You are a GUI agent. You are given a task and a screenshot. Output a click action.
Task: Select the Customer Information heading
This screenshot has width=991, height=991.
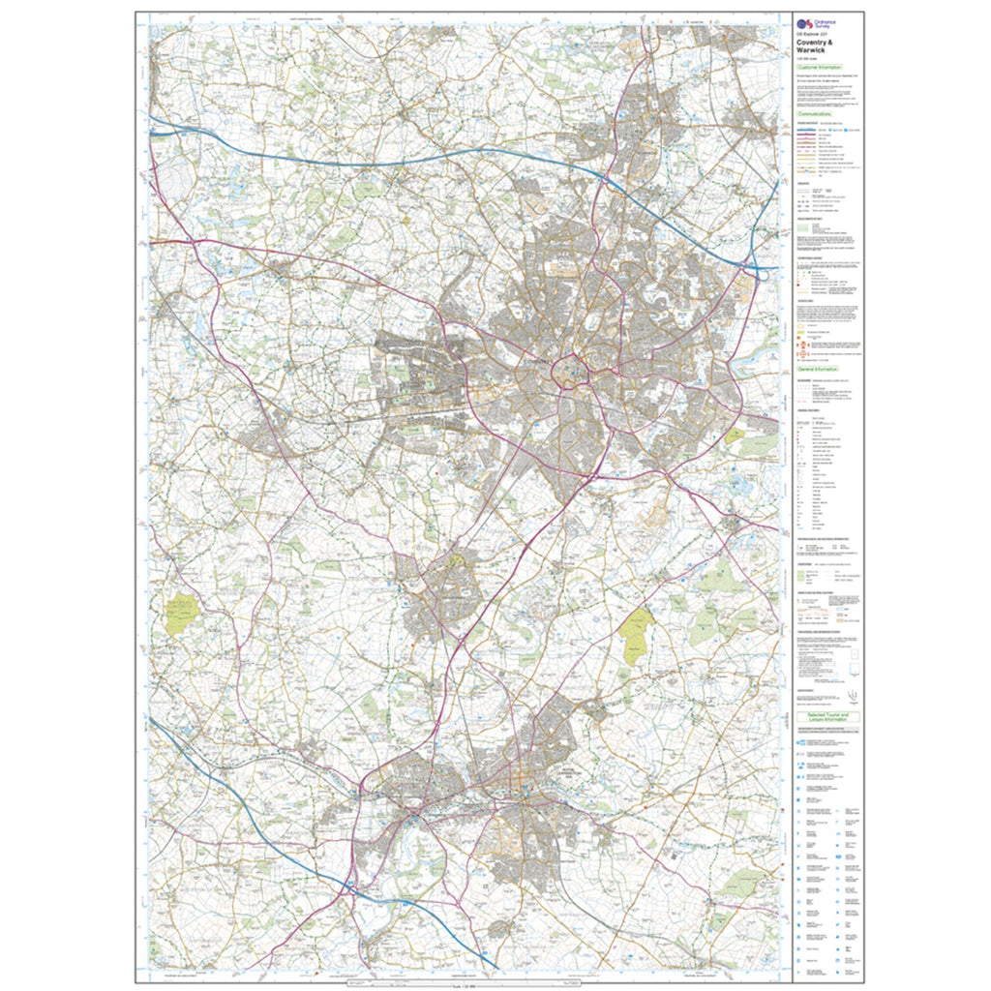[819, 67]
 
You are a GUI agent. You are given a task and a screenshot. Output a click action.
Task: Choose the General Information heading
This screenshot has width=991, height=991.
[818, 369]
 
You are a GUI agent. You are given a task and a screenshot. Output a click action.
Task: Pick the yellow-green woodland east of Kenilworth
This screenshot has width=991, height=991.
[637, 635]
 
